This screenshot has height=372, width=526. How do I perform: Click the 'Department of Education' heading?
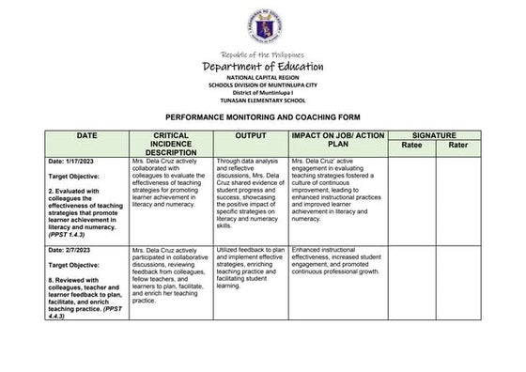click(263, 67)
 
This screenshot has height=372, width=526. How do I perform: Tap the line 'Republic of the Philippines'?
click(263, 54)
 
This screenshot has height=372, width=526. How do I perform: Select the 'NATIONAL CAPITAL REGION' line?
click(263, 78)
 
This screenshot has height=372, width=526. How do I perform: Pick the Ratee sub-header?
click(411, 147)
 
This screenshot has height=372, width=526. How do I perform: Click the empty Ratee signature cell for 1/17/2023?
click(411, 197)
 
